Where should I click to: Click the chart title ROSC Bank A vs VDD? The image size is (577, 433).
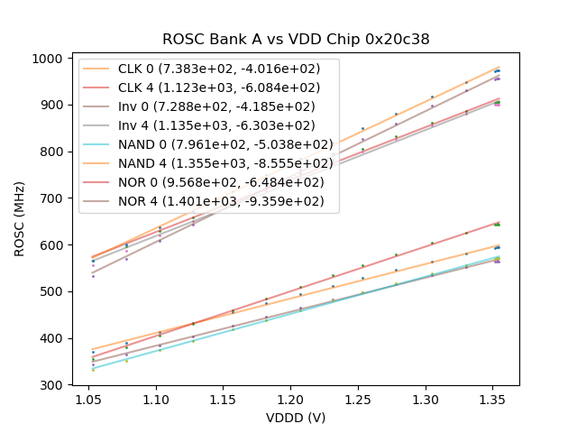coord(296,40)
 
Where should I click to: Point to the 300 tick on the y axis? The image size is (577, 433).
coord(52,385)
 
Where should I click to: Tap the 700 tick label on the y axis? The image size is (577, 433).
coord(52,198)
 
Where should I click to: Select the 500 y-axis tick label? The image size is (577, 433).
coord(52,292)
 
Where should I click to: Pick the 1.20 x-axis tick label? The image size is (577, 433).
coord(290,398)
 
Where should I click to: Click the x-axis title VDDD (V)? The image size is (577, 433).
coord(296,418)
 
